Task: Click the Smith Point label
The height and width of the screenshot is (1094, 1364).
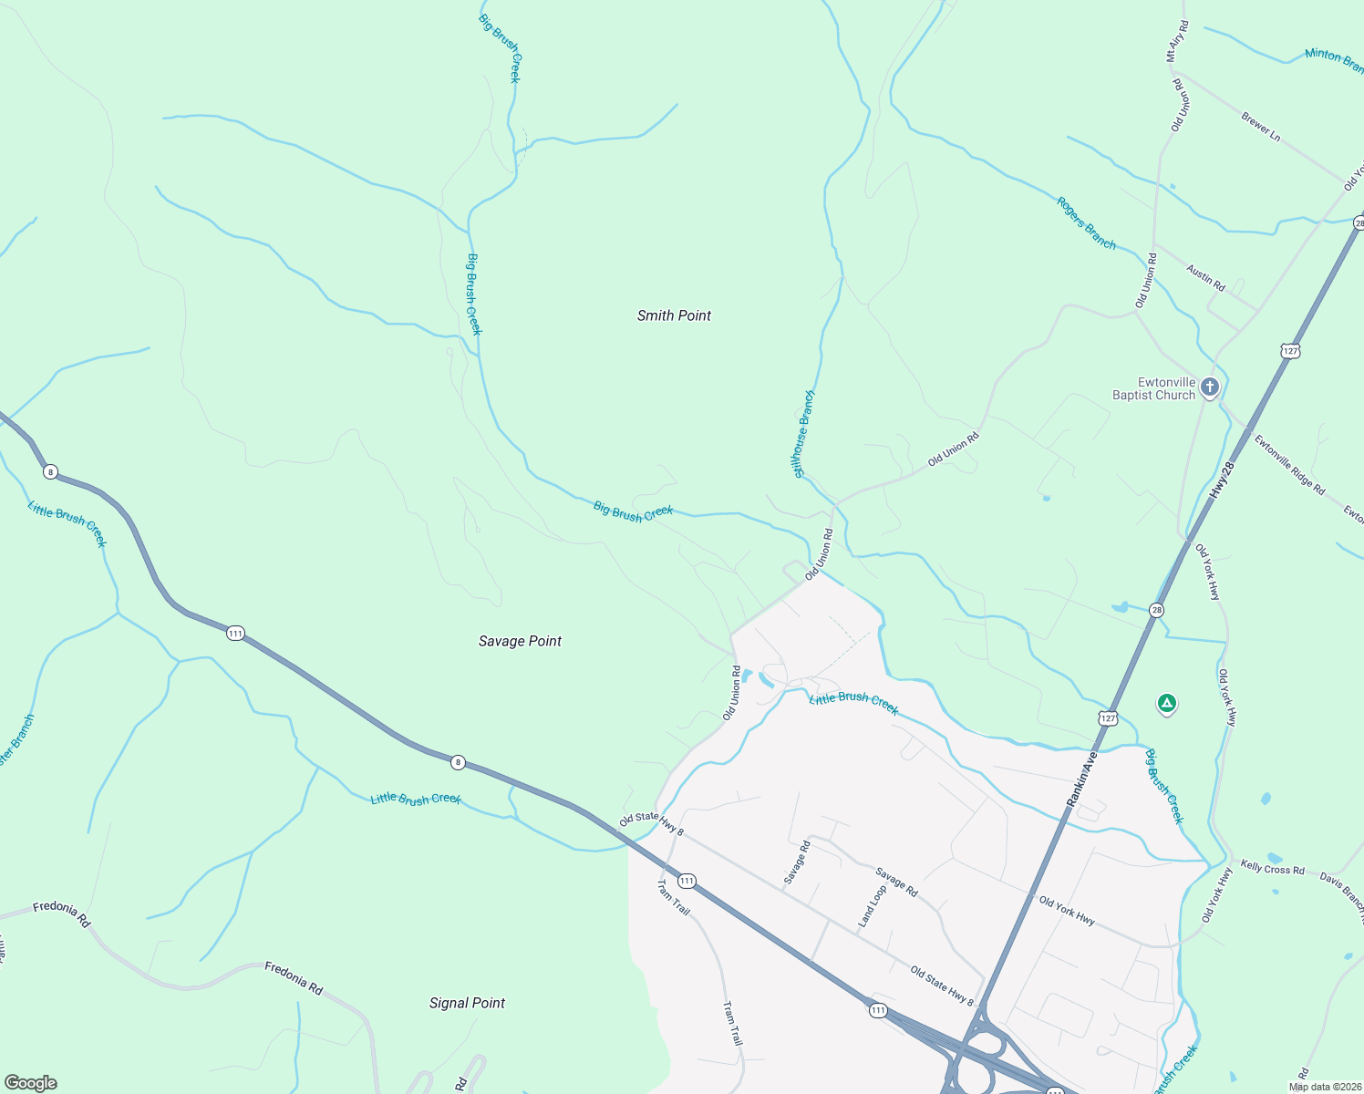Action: coord(674,315)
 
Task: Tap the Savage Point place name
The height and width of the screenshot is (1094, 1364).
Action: coord(520,641)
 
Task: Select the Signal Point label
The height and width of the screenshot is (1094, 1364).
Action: coord(467,1003)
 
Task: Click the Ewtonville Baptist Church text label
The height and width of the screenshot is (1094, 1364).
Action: coord(1153,388)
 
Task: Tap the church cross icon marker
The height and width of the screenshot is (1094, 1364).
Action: coord(1209,387)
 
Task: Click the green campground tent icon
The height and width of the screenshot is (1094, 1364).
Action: coord(1166,704)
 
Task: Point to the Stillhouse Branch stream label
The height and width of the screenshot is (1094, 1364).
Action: coord(803,434)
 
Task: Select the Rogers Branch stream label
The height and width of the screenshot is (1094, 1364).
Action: coord(1086,222)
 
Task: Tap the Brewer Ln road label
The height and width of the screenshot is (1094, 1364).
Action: coord(1261,126)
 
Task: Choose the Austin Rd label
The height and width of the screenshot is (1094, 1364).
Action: coord(1205,276)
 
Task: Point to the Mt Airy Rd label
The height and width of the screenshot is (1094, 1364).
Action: coord(1177,42)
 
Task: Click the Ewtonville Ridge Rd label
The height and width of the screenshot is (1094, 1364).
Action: coord(1289,465)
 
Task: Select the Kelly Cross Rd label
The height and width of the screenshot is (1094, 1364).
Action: coord(1272,869)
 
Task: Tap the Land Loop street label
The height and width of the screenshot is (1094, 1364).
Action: coord(872,907)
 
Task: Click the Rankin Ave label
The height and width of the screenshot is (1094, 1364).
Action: coord(1081,779)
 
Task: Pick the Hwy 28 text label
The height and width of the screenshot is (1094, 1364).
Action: coord(1222,480)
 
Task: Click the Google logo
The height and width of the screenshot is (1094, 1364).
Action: coord(31,1083)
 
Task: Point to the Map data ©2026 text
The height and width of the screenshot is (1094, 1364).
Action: coord(1324,1087)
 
